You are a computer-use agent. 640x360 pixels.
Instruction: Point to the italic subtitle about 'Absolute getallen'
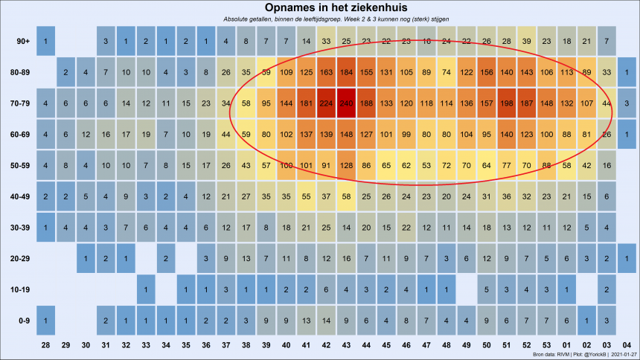click(319, 18)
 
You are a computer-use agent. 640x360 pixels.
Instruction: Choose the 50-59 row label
click(19, 164)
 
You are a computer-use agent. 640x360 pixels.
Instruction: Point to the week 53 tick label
click(545, 346)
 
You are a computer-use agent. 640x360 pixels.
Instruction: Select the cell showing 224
click(325, 103)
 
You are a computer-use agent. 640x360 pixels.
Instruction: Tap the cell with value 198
click(505, 103)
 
